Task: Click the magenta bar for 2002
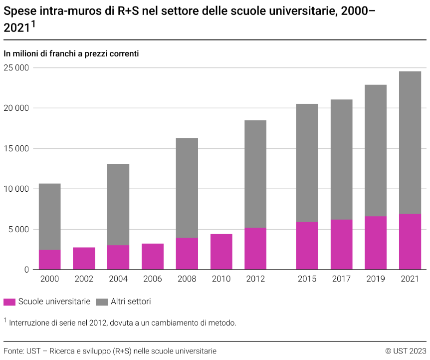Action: click(84, 258)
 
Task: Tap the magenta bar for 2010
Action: click(221, 252)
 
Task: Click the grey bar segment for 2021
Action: click(410, 142)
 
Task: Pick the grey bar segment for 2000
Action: click(50, 217)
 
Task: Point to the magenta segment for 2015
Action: click(307, 246)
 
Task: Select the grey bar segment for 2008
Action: click(187, 188)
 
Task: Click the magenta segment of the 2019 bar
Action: click(375, 243)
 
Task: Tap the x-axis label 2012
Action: click(255, 279)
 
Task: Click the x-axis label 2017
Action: click(341, 279)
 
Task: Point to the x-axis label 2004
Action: click(118, 279)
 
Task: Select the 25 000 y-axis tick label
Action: click(16, 68)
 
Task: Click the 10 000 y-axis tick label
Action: click(16, 189)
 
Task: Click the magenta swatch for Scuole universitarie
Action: click(9, 302)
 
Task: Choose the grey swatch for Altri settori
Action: click(101, 302)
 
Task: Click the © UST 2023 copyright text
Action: click(406, 351)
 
